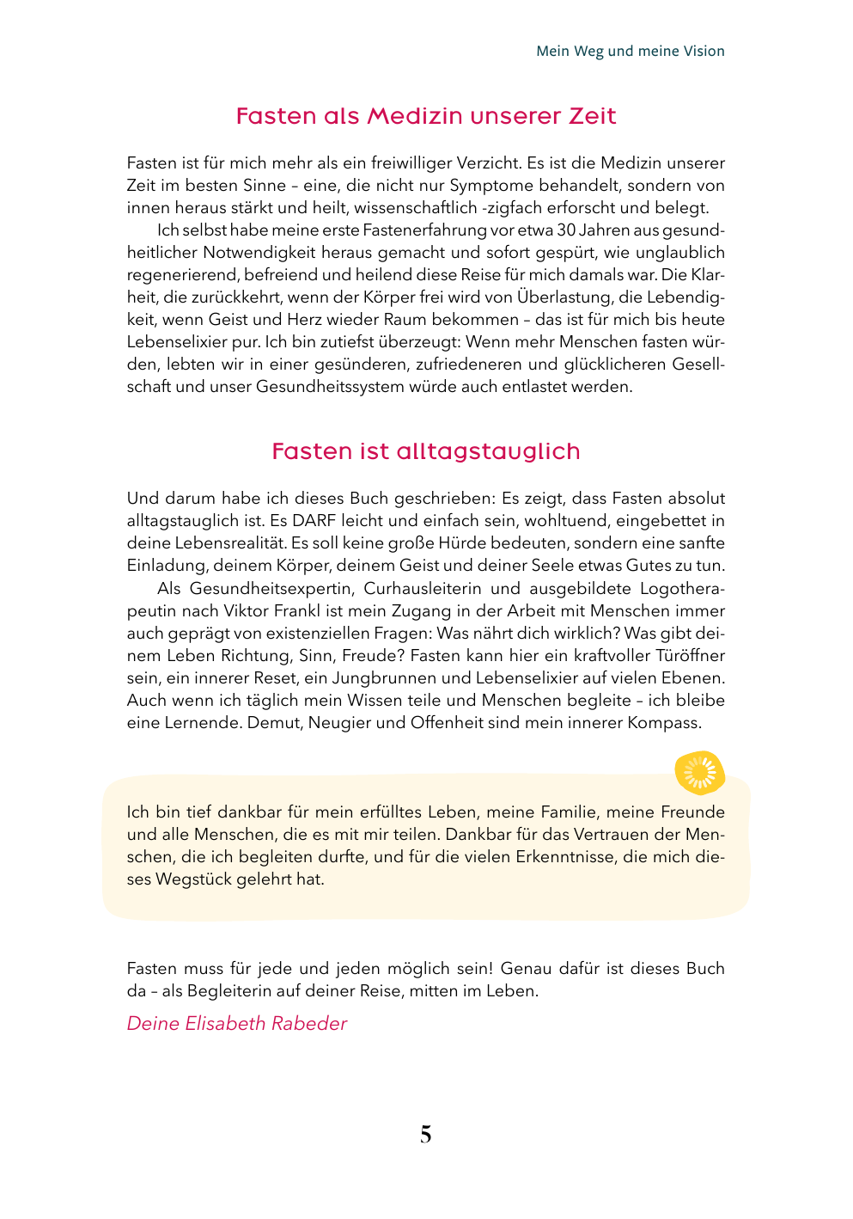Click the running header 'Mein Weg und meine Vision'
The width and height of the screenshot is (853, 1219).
(x=630, y=51)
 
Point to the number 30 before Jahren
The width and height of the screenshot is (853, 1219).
(x=566, y=230)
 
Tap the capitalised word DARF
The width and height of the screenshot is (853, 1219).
(x=314, y=521)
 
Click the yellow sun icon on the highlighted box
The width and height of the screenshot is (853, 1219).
(x=699, y=772)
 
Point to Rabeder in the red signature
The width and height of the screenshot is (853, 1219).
(x=309, y=1024)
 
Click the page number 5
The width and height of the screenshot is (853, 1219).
(x=426, y=1135)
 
